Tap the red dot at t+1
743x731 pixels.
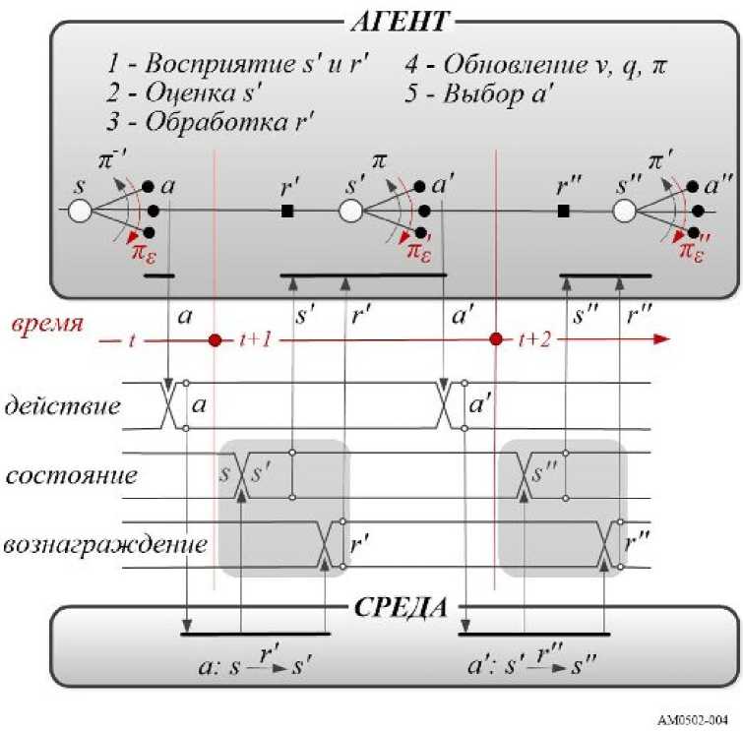coord(215,340)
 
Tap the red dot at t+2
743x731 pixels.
coord(497,340)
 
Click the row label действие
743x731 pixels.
coord(64,405)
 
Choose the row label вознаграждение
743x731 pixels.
coord(107,544)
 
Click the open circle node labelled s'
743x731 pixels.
coord(352,211)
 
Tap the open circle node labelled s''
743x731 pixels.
coord(625,211)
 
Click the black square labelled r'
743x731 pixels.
coord(288,211)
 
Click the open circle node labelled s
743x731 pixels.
coord(79,211)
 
